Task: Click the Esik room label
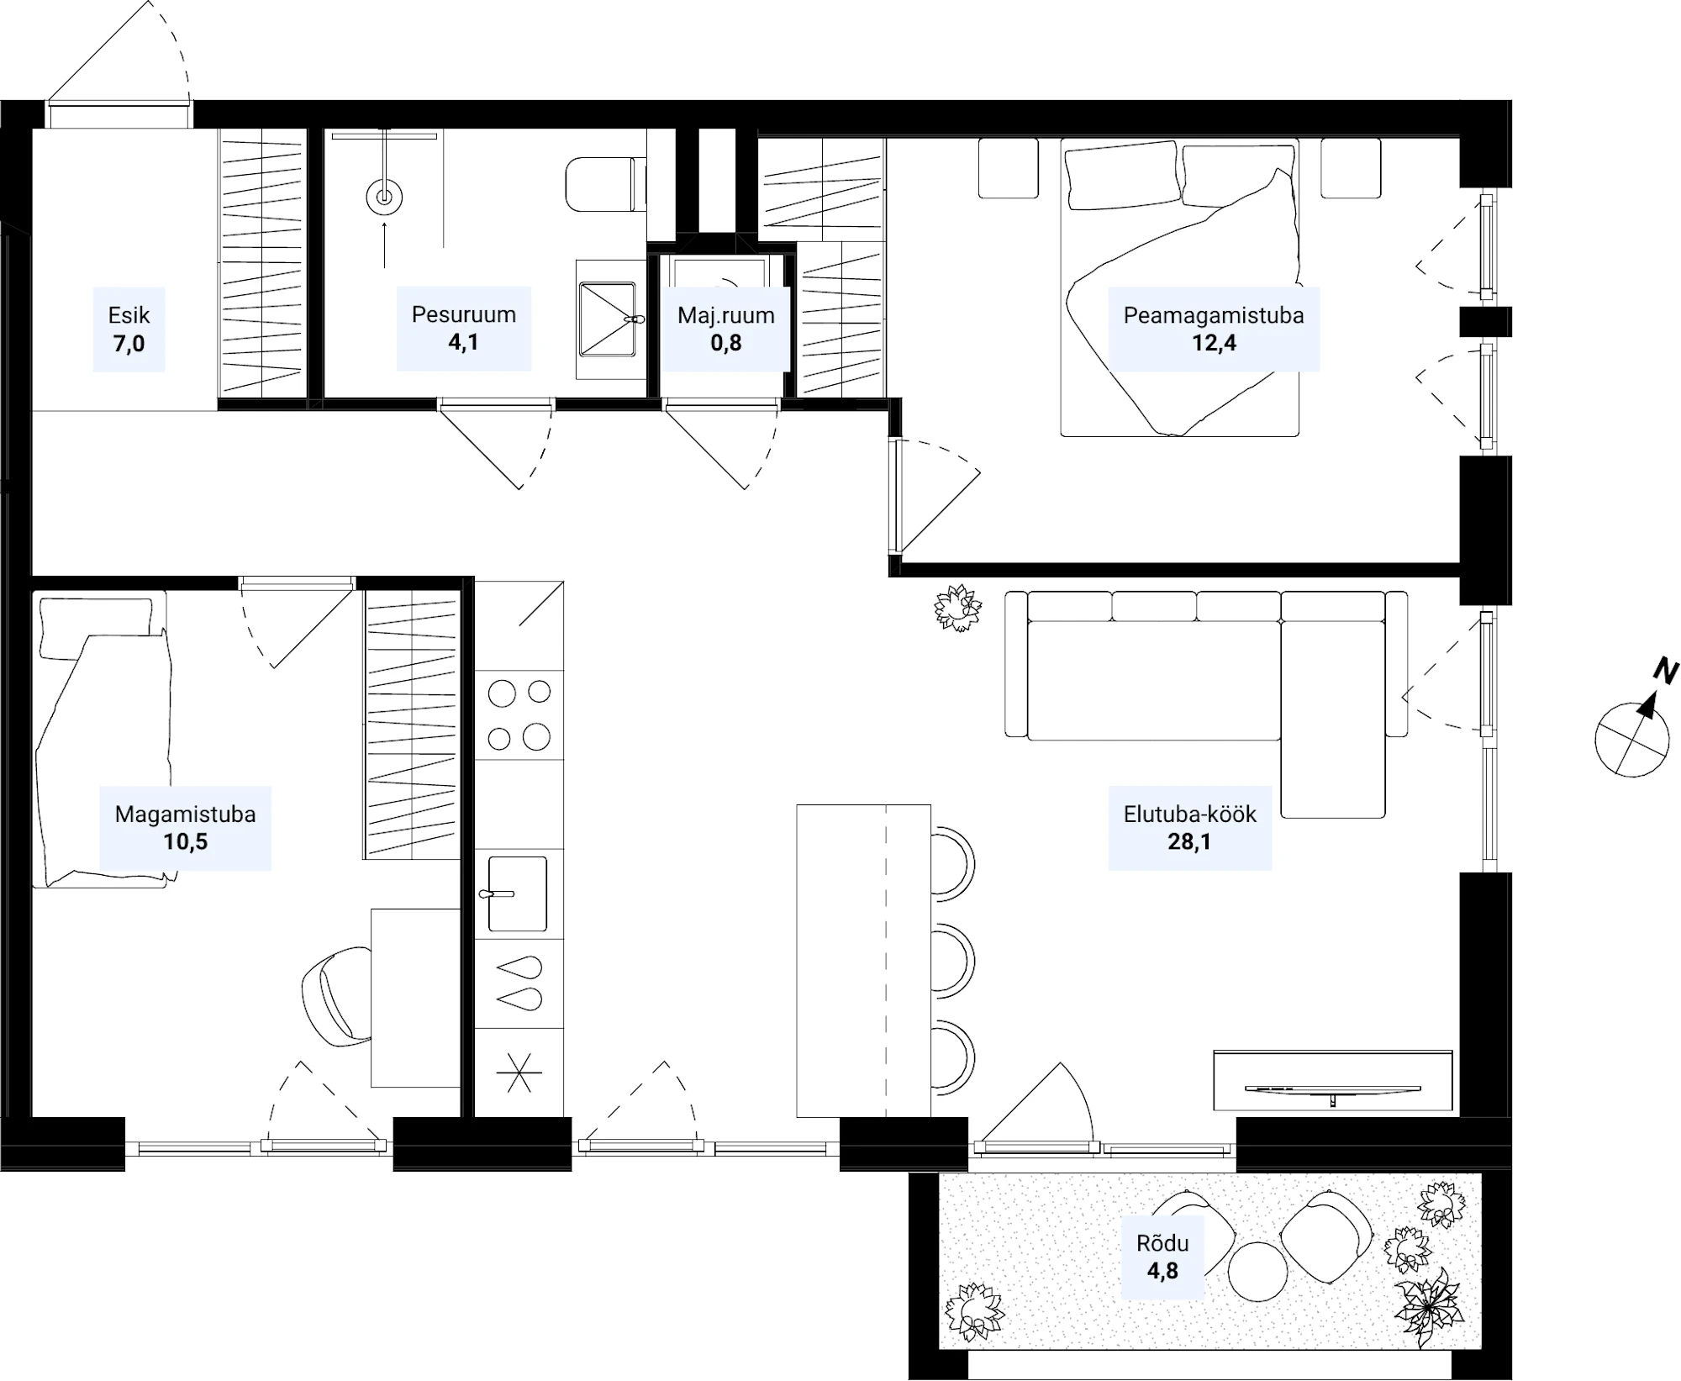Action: (129, 315)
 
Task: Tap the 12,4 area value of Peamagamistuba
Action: (1214, 343)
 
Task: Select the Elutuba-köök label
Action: (1190, 814)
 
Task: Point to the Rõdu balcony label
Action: (1162, 1243)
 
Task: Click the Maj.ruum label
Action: (726, 315)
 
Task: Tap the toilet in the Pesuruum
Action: (605, 184)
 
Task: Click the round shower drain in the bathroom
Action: (384, 198)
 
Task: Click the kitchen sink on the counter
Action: (516, 893)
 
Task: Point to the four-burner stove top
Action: (519, 715)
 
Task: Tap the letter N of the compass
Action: (1666, 672)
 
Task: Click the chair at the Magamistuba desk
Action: (336, 997)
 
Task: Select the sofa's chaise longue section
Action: (1333, 719)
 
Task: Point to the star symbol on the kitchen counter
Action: (519, 1073)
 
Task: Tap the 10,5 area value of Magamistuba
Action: (185, 841)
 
